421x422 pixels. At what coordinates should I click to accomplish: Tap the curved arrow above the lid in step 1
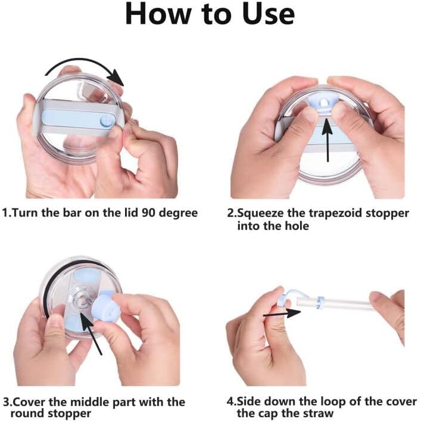(83, 64)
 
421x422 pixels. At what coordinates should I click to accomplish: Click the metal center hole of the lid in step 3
(79, 299)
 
